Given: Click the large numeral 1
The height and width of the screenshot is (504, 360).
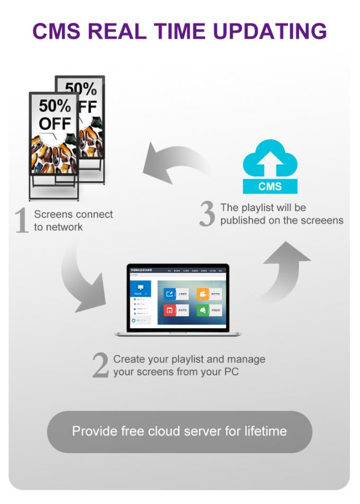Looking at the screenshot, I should coord(22,220).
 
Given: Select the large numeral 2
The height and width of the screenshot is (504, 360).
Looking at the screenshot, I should coord(101,365).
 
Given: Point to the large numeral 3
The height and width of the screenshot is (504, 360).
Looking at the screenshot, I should coord(207,214).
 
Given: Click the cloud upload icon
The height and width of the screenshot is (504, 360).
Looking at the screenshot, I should coord(270,159).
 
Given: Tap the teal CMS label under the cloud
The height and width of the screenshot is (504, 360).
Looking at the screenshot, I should coord(270,186).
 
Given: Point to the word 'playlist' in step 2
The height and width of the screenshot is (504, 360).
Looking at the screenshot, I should coord(198,359).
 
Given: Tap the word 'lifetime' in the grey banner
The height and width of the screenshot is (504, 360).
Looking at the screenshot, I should coord(266,431).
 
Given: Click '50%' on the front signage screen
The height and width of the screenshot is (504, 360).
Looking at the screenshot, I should coord(54,106).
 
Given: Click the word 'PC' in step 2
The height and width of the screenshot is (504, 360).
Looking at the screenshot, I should coord(231,372).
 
